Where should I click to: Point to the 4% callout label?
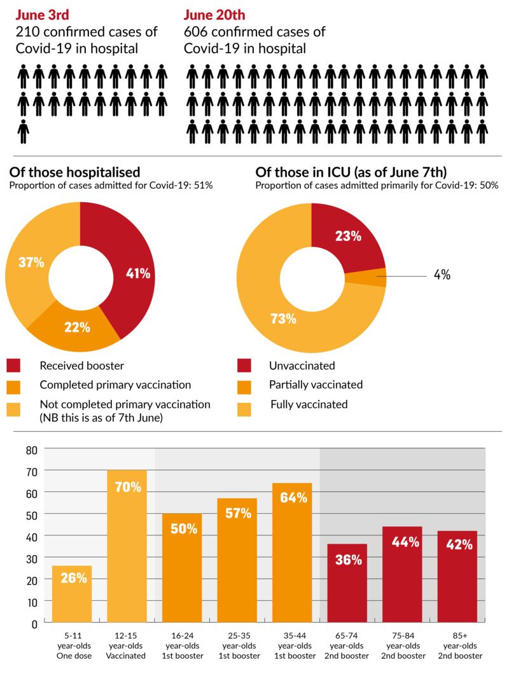click(442, 275)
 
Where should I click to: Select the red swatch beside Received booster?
click(14, 366)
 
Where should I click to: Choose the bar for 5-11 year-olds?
click(72, 594)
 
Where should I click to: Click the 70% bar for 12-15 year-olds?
click(127, 547)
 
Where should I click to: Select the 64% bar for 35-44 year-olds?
click(293, 553)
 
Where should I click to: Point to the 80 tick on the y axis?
click(31, 450)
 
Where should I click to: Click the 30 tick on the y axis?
click(31, 558)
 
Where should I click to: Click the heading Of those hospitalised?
click(75, 173)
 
